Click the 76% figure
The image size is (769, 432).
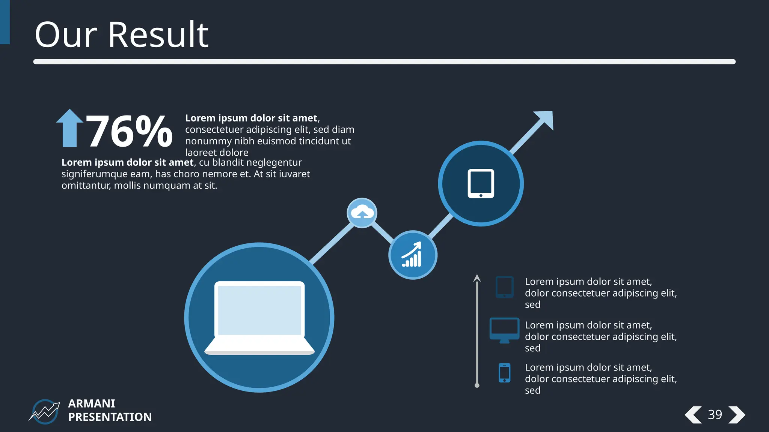(129, 131)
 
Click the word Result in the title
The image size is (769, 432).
(158, 35)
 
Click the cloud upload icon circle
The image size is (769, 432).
(362, 213)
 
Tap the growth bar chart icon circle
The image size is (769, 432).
(413, 255)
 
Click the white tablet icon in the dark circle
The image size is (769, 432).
(481, 184)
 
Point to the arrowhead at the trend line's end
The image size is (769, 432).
(545, 118)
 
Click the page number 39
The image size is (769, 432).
(715, 415)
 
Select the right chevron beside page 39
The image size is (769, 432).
(737, 415)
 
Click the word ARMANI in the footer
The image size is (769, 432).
(92, 403)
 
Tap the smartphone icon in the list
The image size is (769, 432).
(504, 373)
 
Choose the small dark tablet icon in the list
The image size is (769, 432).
(504, 287)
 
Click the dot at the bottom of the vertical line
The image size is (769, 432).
(477, 385)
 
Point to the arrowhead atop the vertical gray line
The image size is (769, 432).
(477, 278)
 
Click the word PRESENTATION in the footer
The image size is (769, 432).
(110, 417)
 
